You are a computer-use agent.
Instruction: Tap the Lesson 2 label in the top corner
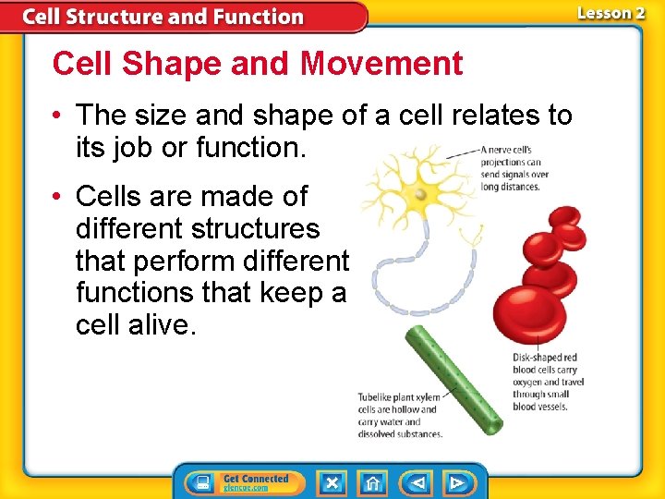(x=611, y=13)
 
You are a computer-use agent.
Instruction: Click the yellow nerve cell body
(x=420, y=194)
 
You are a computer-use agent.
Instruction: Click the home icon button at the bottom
(x=372, y=482)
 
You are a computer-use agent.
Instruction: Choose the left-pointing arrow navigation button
(x=417, y=482)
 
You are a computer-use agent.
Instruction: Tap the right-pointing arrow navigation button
(x=457, y=482)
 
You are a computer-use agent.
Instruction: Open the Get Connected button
(x=242, y=482)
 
